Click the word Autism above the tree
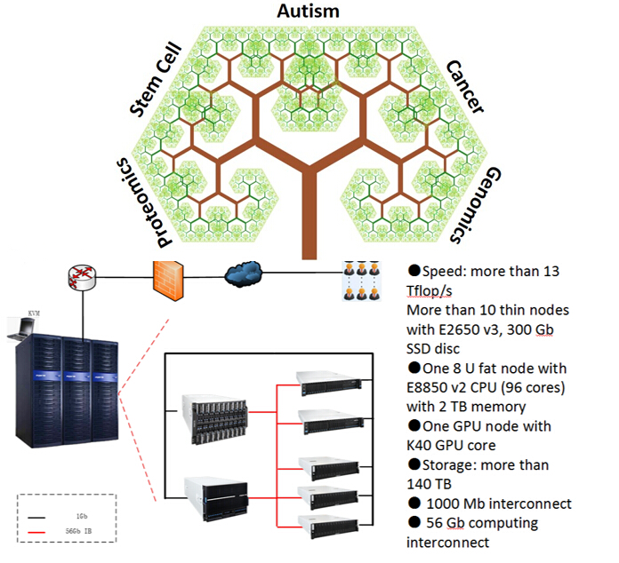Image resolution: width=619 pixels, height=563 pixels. pyautogui.click(x=309, y=12)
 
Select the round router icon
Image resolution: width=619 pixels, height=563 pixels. pyautogui.click(x=81, y=278)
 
